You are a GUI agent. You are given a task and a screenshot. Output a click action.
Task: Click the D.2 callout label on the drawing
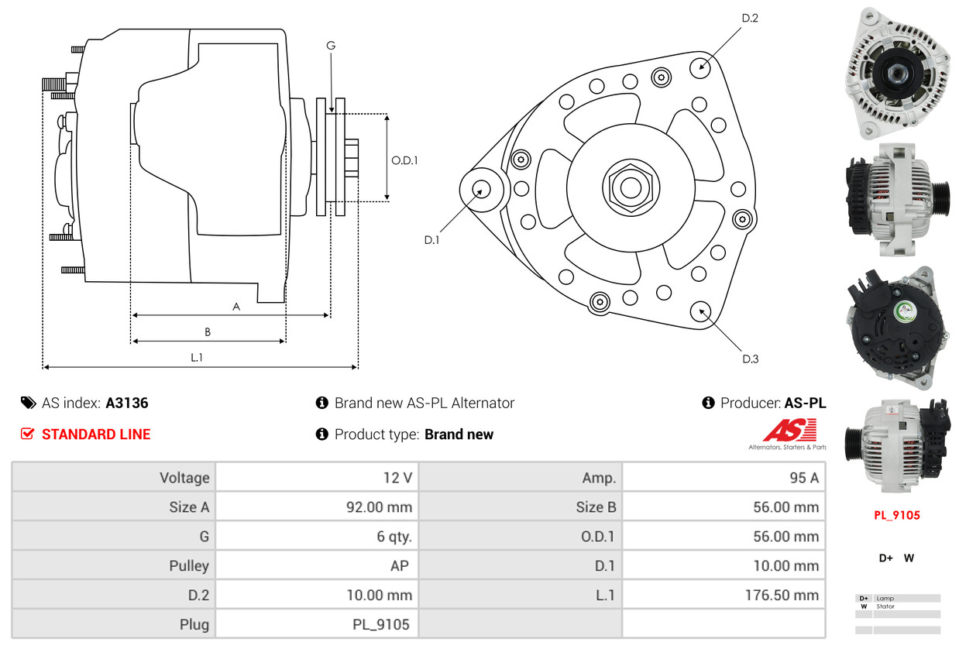coord(749,18)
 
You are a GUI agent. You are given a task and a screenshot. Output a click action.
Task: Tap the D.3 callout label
coord(750,359)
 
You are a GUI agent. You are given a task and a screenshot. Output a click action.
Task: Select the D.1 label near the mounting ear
coord(431,240)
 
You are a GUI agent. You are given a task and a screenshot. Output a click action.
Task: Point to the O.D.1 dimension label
coord(404,160)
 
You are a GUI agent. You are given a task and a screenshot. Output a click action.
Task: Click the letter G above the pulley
coord(331,46)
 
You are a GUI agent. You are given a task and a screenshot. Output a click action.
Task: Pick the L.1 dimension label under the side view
coord(197,358)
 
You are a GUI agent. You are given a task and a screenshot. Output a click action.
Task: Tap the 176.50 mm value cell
coord(785,595)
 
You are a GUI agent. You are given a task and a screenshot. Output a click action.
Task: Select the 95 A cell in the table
coord(803,477)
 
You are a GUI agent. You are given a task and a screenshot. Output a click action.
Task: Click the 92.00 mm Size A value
coord(379,507)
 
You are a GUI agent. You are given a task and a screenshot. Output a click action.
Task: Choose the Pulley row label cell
coord(189,565)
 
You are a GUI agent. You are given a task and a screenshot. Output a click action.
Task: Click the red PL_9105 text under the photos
coord(897,515)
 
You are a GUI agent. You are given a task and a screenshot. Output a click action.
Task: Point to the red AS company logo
coord(789,431)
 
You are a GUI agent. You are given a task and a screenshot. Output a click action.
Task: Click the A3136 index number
coord(127,403)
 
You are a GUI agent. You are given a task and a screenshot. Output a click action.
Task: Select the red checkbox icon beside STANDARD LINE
coord(28,434)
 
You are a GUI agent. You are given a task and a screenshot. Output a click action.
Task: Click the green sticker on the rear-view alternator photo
coord(904,311)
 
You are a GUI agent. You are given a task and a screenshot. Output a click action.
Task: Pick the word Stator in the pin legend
coord(885,606)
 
